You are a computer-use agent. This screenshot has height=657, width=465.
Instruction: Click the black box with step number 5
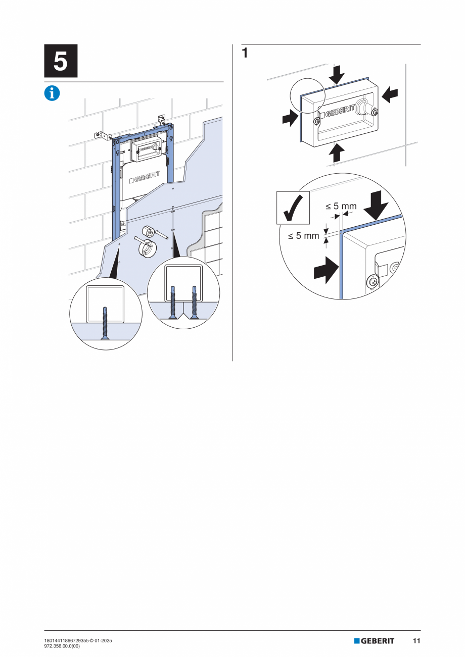(x=61, y=61)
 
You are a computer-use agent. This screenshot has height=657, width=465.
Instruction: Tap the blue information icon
(x=52, y=93)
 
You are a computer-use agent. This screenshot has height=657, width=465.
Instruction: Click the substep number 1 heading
(x=245, y=53)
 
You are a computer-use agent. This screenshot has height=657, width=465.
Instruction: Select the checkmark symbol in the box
(x=293, y=207)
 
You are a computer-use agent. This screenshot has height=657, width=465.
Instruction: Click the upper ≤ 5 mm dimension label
(x=341, y=206)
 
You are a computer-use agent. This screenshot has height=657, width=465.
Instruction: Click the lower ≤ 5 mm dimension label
(x=304, y=235)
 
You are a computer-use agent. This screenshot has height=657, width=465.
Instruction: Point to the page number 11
(x=416, y=641)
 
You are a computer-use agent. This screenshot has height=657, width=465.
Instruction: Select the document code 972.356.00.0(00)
(x=62, y=646)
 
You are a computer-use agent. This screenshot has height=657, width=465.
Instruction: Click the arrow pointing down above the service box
(x=336, y=76)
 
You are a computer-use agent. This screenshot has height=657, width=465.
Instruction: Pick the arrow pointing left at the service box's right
(x=390, y=94)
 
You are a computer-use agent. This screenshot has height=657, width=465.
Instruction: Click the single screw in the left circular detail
(x=104, y=323)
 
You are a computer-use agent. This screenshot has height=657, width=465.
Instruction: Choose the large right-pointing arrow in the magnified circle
(x=325, y=270)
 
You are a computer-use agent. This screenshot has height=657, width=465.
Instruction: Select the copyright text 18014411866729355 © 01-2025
(x=78, y=641)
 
